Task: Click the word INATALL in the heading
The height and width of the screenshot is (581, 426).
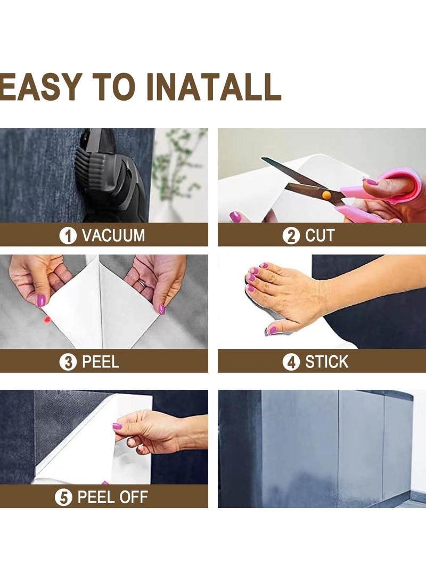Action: (214, 87)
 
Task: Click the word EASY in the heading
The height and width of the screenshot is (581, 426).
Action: (41, 87)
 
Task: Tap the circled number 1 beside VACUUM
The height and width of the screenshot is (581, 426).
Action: (68, 236)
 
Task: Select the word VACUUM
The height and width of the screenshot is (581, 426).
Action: (113, 236)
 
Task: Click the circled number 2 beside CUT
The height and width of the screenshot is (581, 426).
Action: (291, 236)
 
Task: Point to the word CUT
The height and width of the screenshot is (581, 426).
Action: (320, 236)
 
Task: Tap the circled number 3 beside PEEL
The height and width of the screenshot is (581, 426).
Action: (68, 362)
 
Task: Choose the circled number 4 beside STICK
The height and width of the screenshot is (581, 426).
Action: (291, 362)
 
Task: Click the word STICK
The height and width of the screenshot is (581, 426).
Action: (327, 362)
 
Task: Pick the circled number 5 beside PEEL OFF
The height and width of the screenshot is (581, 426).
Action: (63, 497)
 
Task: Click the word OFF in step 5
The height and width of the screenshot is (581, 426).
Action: (133, 497)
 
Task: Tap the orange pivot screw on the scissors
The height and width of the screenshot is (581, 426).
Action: (326, 195)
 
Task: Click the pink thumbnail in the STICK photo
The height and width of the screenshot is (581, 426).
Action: (272, 330)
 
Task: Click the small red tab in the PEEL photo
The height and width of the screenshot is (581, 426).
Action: (47, 320)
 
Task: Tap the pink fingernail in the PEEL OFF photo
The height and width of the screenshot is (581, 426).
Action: (117, 426)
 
